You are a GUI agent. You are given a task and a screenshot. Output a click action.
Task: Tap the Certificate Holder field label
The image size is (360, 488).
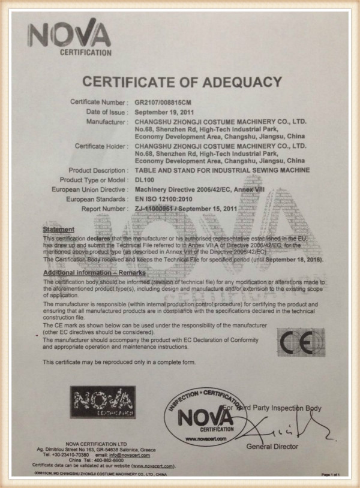coord(101,146)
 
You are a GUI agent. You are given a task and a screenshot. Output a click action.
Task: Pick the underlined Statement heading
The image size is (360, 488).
coord(59,230)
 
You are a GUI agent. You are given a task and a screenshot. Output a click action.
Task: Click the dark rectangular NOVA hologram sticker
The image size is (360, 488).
coord(103,402)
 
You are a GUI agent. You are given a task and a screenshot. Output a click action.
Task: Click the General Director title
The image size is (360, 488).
coord(272,447)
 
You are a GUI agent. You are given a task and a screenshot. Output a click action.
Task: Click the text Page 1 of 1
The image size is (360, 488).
coord(331,474)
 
